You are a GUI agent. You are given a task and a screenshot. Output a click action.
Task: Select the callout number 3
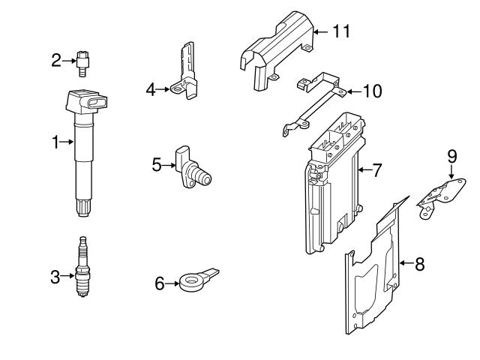tap(55, 277)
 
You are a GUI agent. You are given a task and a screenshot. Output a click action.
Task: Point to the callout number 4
tap(150, 90)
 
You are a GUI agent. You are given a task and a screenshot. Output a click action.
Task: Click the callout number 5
tap(157, 163)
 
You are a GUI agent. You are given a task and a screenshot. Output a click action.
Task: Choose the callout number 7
tap(376, 170)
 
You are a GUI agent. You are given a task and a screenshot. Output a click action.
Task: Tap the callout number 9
tap(451, 156)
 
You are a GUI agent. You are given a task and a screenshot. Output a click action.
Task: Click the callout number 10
tap(371, 91)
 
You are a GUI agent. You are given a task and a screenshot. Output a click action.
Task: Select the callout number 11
tap(341, 31)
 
